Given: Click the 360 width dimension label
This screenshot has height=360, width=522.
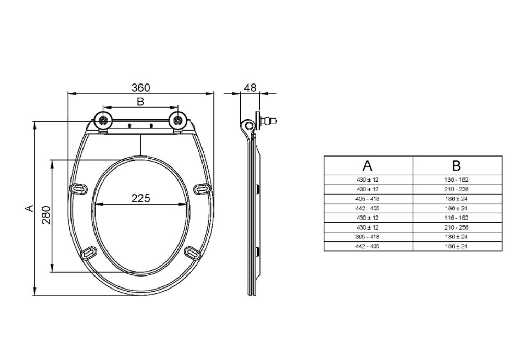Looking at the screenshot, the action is tap(141, 88).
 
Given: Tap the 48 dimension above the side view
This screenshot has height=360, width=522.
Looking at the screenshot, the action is tap(251, 88).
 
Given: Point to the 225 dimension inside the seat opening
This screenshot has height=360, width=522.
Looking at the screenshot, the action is tap(141, 198).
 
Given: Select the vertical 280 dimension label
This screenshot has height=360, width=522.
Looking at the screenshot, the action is tap(46, 215).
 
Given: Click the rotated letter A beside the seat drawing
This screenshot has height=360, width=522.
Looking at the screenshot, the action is tap(30, 208).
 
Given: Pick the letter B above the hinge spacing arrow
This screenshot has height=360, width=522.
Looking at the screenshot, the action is tap(140, 102).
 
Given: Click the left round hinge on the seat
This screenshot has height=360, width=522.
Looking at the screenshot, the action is tap(103, 121).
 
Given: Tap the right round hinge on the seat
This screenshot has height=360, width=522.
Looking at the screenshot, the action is tap(178, 121).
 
